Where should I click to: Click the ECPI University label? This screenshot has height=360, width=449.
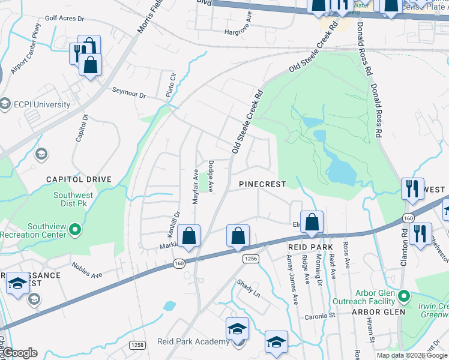[43, 104]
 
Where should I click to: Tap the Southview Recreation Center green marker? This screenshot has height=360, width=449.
[74, 229]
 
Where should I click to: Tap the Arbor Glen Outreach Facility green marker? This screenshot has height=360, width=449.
[404, 296]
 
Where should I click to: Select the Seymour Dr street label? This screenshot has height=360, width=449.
[129, 93]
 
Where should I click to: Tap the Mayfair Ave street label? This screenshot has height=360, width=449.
[196, 187]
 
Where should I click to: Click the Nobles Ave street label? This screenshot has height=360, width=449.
[85, 269]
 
